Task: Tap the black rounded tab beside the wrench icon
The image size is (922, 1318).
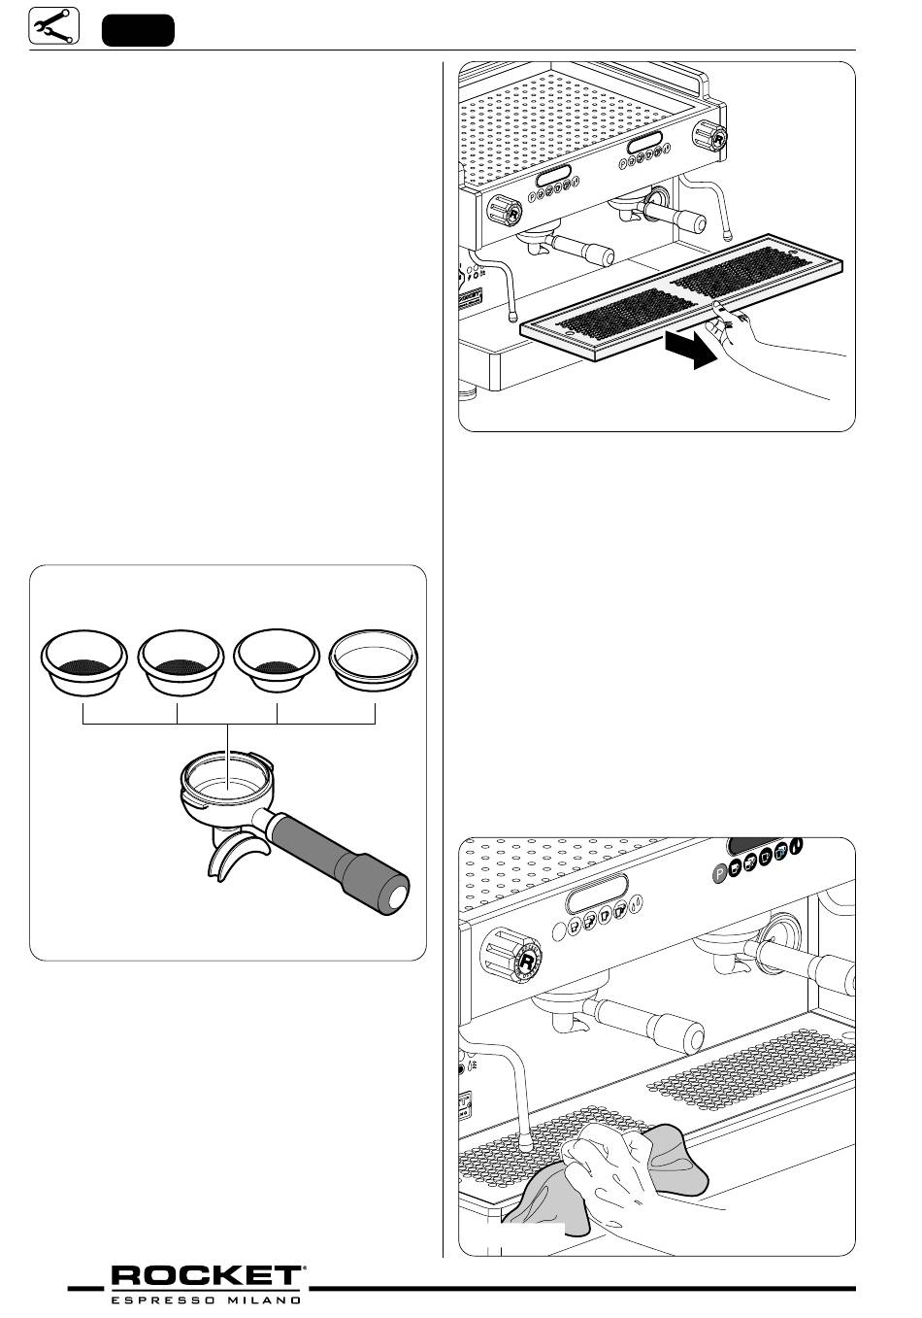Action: pyautogui.click(x=139, y=29)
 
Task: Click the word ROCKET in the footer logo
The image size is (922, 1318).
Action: pyautogui.click(x=207, y=1277)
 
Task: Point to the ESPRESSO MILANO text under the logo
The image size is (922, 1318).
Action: pyautogui.click(x=207, y=1299)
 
